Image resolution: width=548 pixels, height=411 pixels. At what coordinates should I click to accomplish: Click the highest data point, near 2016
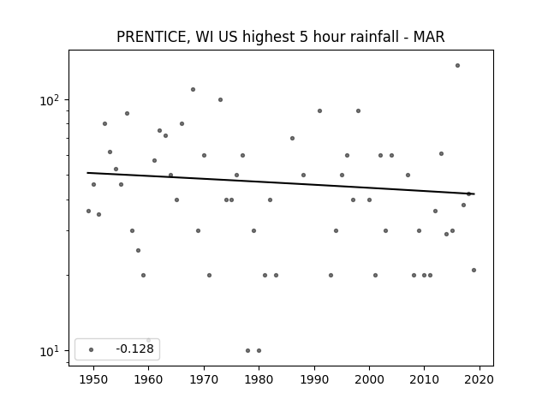coord(457,66)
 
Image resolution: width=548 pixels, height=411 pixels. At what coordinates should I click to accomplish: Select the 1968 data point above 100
coord(193,89)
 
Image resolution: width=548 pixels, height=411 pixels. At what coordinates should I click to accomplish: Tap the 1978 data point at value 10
coord(247,350)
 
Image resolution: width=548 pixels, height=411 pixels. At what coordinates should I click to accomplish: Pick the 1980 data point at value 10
coord(259,350)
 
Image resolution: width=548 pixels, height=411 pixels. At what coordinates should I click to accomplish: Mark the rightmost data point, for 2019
coord(474,271)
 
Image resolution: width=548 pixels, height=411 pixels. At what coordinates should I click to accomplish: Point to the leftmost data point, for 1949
coord(88,211)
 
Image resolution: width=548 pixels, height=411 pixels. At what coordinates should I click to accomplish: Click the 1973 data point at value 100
coord(221,100)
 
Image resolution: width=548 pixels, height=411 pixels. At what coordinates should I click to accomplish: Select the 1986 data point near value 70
coord(292,139)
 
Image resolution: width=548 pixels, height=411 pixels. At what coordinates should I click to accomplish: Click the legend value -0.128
coord(135,348)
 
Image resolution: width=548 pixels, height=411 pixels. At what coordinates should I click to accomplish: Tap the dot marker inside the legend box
coord(92,349)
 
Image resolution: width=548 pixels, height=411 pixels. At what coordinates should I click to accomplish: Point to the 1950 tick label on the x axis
coord(93,379)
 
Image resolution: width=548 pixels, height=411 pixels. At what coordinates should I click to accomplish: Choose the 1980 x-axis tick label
coord(259,379)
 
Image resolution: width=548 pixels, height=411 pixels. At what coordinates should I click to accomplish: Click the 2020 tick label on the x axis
coord(479,379)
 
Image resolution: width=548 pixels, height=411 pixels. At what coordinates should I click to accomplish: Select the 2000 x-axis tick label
coord(369,379)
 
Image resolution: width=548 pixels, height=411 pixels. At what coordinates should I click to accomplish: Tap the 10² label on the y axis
coord(50,101)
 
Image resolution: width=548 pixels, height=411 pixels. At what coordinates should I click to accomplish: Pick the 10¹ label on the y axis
coord(50,351)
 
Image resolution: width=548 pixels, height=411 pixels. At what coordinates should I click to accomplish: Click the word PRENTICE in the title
coord(153,37)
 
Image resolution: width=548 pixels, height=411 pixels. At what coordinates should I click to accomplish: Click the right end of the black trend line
coord(474,194)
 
